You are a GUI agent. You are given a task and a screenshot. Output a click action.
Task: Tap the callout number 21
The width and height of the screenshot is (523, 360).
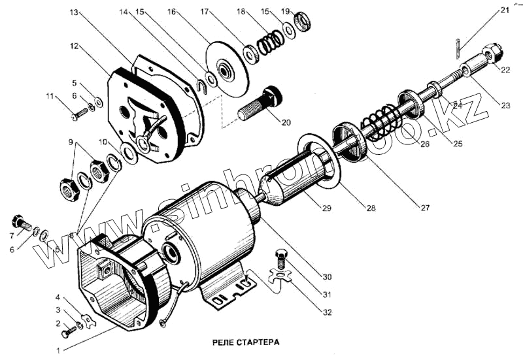(x=504, y=10)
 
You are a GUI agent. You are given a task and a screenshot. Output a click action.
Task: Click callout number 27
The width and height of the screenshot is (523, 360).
(x=426, y=208)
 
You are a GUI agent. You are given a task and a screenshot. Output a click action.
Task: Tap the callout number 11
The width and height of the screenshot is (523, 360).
(x=50, y=97)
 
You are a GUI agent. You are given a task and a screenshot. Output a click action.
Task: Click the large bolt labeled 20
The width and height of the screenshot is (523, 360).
(x=260, y=104)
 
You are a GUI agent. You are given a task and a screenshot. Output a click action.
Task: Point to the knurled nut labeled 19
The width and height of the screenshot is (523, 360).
(x=303, y=22)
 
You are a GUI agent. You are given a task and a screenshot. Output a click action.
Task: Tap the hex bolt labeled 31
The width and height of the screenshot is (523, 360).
(x=283, y=256)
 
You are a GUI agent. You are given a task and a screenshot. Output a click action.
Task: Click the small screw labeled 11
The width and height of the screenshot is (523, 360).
(x=79, y=114)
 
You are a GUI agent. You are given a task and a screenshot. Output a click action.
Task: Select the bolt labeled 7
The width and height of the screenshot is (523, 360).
(x=20, y=222)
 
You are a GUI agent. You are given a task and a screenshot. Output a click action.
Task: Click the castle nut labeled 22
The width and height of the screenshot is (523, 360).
(x=493, y=52)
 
